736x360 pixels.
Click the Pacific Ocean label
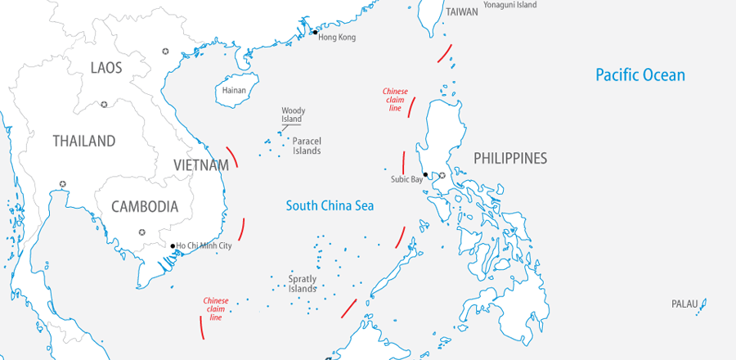[640, 75]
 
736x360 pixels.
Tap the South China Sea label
[330, 205]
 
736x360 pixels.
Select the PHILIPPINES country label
[509, 158]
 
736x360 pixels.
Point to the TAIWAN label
[462, 12]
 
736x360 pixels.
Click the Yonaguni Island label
[509, 5]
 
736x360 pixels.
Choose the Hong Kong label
[337, 38]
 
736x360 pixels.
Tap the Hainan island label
[234, 90]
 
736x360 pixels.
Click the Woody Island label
[292, 115]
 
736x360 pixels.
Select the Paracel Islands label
[307, 146]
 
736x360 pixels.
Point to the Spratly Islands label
[302, 284]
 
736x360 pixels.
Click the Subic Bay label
[406, 178]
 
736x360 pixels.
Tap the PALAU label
[684, 304]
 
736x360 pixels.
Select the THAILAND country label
[84, 141]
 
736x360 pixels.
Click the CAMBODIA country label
[145, 206]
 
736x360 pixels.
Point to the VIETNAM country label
[200, 165]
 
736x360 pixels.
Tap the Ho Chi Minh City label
[204, 245]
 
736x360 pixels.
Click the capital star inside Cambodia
[141, 232]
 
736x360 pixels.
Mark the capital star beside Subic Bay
[442, 175]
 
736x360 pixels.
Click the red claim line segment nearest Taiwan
[444, 53]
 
